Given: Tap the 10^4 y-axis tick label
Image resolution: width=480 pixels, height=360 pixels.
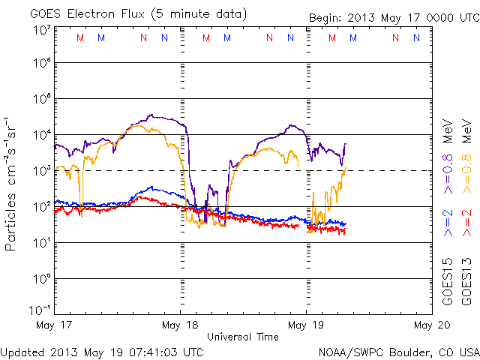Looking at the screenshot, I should [41, 136].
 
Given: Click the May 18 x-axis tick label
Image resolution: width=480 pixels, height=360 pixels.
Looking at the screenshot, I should [180, 325].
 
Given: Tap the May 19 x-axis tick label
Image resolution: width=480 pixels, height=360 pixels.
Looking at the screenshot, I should [306, 325].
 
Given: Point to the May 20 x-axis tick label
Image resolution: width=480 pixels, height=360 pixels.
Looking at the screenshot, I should [431, 325].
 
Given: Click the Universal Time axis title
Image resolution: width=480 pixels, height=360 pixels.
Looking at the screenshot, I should [243, 337].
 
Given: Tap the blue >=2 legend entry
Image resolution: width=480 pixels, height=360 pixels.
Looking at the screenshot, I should [449, 224].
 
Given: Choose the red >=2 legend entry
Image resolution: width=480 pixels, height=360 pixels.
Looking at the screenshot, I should [468, 224].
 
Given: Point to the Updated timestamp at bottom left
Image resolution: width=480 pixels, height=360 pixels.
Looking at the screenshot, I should [102, 351].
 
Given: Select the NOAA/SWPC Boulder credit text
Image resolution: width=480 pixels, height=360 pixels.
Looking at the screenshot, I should [398, 351].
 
